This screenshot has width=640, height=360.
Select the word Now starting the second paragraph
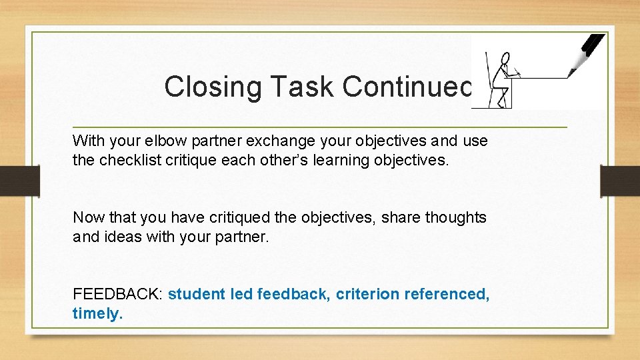pos(87,217)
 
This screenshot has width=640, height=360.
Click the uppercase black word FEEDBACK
pos(117,294)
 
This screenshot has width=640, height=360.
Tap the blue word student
pos(194,294)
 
